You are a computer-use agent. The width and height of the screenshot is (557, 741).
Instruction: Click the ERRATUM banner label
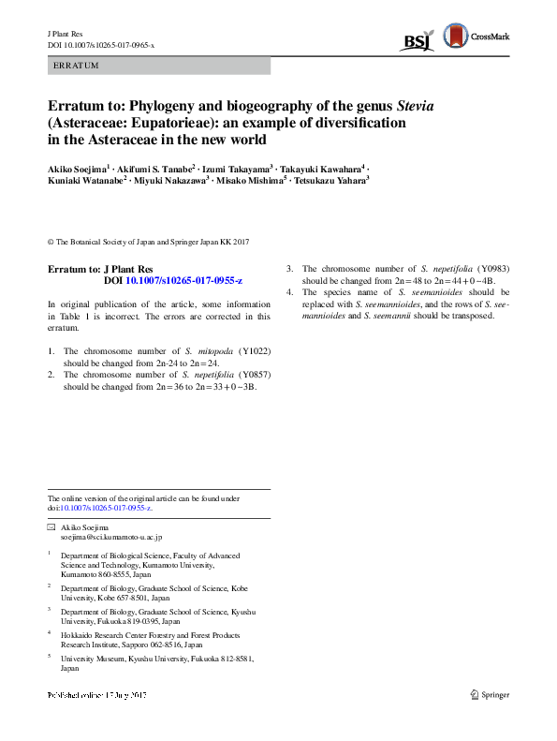[76, 66]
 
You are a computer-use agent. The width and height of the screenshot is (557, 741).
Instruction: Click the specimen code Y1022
[254, 350]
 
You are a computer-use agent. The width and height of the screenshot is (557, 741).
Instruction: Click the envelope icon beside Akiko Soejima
[51, 528]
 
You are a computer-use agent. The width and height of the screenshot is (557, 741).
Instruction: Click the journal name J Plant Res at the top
[66, 33]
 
